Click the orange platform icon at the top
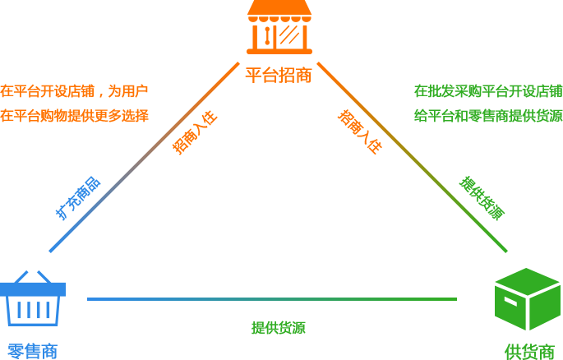tap(279, 26)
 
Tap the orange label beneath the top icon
tap(279, 75)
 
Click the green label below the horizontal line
tap(279, 327)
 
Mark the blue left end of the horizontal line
tap(92, 298)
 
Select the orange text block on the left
tap(74, 102)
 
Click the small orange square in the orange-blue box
tap(195, 132)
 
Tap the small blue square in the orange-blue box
tap(78, 197)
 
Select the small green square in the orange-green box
tap(482, 197)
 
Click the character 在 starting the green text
tap(420, 91)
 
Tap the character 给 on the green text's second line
tap(420, 113)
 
